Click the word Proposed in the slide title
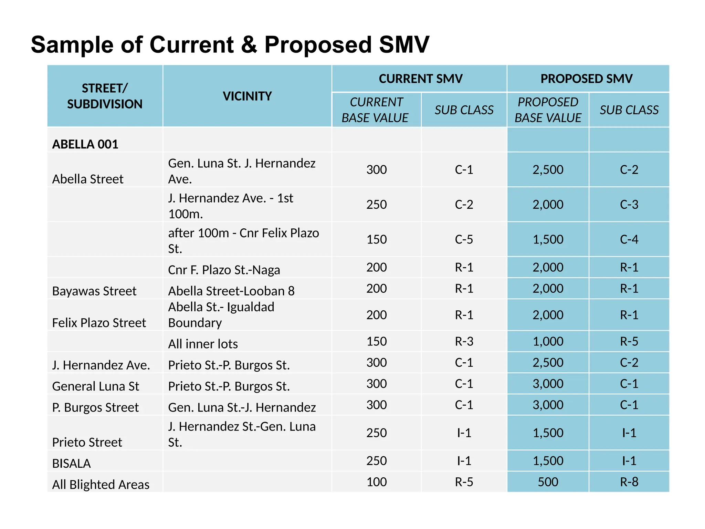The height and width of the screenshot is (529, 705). (318, 45)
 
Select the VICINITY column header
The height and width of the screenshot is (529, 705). (247, 96)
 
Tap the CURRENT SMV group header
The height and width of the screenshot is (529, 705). (420, 79)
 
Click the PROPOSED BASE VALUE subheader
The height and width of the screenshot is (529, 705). (548, 110)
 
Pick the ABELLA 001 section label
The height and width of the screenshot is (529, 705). (85, 144)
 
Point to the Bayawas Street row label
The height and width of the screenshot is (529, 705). (94, 291)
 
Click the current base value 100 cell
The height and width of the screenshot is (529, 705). (376, 482)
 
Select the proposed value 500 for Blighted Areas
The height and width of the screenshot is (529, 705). (548, 482)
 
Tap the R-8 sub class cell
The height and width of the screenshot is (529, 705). (629, 482)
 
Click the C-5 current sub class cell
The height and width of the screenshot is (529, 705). (464, 239)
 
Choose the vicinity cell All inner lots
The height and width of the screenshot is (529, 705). (203, 344)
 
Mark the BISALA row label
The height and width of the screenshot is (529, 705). (71, 464)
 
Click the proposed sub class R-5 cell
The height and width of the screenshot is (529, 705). (629, 341)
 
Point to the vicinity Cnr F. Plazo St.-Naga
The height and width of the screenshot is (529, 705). (224, 270)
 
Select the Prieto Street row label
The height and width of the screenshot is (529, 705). (87, 442)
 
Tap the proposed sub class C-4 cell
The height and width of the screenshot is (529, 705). (629, 239)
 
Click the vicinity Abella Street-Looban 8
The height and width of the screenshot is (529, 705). (231, 291)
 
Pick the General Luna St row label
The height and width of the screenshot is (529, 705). (95, 386)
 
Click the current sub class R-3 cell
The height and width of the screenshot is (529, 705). (464, 341)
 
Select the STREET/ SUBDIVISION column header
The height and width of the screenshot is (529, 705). (105, 96)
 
